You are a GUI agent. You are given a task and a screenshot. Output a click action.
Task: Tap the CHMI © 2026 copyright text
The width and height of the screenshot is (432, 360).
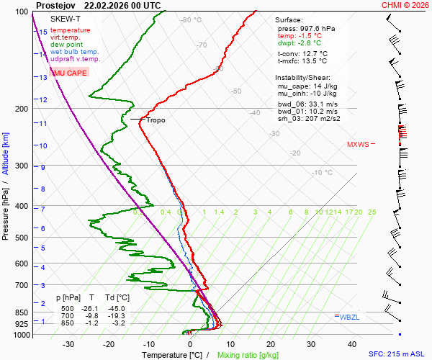pos(405,4)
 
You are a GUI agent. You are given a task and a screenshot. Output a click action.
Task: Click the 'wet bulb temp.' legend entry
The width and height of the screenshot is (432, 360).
pos(74,52)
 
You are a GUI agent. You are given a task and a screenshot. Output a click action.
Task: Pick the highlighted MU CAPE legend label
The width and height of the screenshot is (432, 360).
pos(69,73)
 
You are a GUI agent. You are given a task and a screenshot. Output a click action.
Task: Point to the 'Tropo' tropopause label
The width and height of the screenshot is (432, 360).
pos(156,120)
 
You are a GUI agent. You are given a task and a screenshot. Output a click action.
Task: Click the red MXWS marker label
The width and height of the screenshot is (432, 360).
pos(357,144)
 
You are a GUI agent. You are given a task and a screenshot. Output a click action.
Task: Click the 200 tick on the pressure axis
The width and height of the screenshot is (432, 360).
pos(22,109)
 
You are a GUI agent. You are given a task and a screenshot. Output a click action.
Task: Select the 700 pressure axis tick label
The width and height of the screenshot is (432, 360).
pos(22,286)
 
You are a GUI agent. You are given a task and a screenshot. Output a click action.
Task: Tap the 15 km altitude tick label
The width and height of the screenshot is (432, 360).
pos(43,32)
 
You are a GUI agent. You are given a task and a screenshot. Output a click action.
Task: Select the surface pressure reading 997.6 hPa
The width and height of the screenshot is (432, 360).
pos(300,28)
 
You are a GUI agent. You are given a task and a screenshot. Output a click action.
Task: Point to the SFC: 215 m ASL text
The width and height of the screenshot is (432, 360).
pos(398,354)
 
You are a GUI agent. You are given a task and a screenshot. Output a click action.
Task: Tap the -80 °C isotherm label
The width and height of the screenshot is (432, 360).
pos(192,20)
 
